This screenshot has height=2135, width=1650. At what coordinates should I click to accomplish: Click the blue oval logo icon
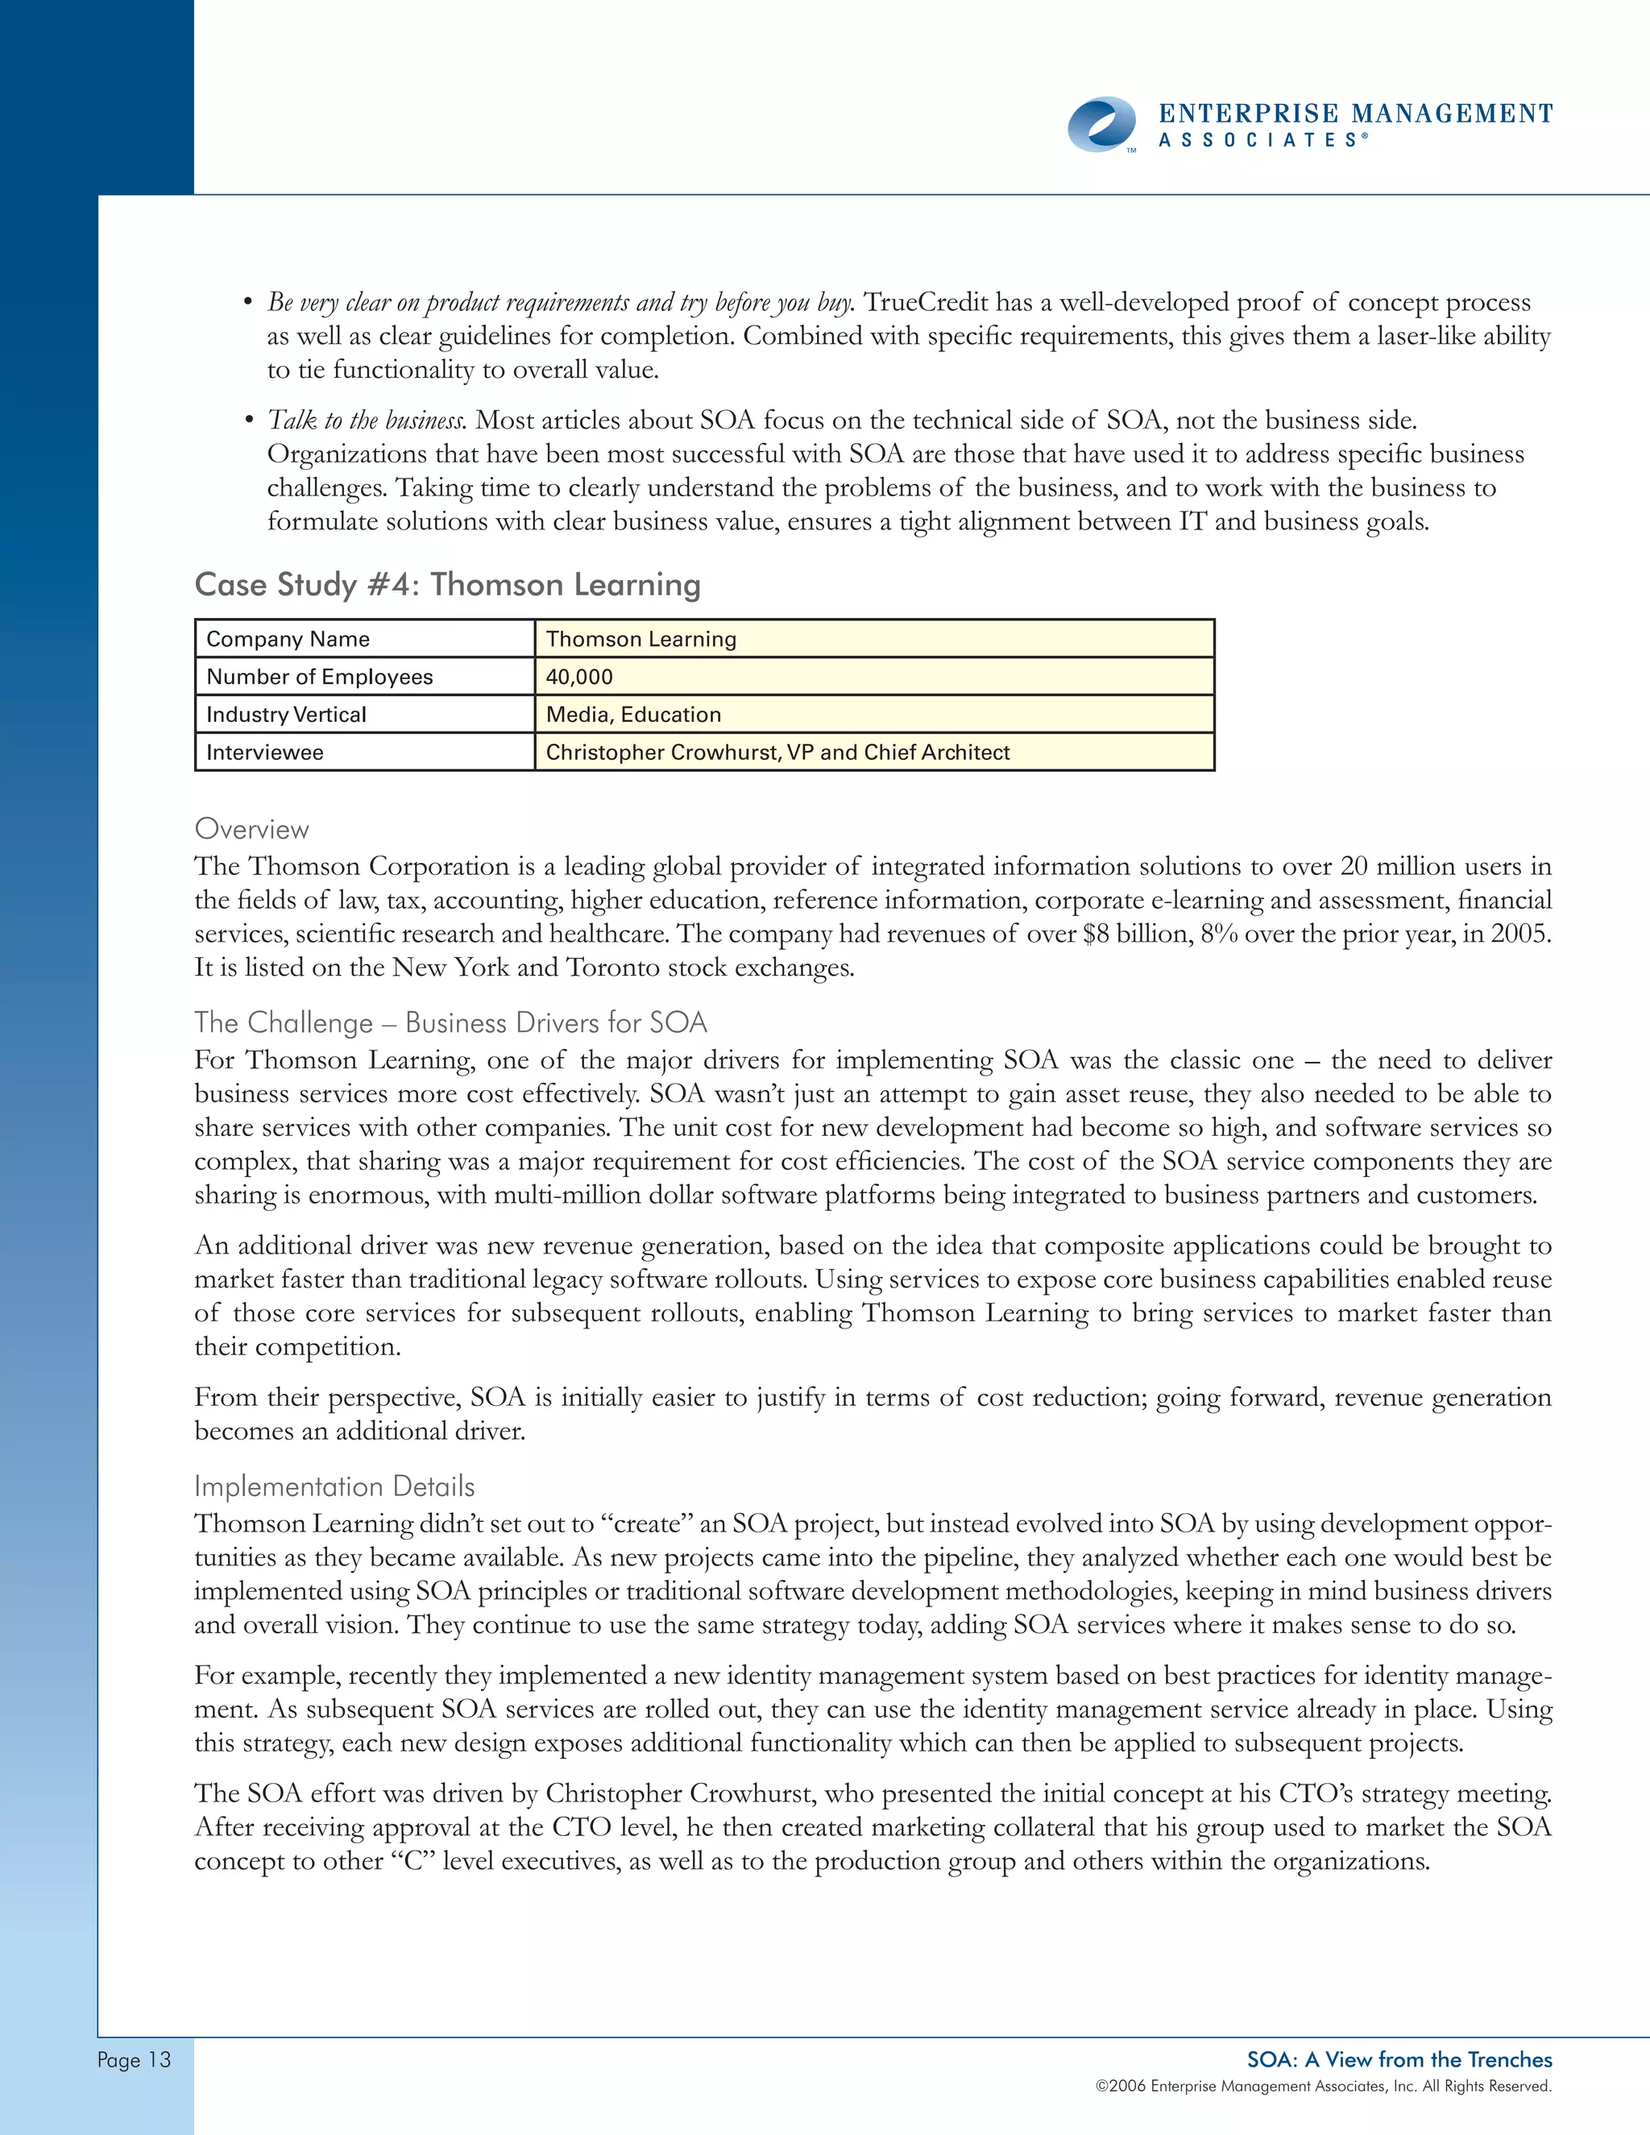coord(1101,124)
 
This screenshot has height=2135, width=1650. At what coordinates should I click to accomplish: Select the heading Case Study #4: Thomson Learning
coord(448,585)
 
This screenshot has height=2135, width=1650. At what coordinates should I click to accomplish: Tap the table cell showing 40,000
coord(579,677)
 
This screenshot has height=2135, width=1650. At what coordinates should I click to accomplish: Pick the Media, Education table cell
coord(633,715)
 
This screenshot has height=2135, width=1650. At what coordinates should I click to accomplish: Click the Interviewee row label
coord(265,752)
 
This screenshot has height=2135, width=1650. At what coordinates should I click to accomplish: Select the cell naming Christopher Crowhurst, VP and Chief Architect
coord(777,752)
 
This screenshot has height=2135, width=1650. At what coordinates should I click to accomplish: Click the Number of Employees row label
coord(320,677)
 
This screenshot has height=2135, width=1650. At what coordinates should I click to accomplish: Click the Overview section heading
coord(251,829)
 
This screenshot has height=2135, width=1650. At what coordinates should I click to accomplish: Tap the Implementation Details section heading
coord(334,1486)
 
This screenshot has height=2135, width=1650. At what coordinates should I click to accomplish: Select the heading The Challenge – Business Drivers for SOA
coord(450,1022)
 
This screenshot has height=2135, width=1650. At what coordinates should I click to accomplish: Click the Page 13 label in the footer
coord(134,2060)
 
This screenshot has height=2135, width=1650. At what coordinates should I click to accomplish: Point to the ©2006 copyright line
coord(1323,2086)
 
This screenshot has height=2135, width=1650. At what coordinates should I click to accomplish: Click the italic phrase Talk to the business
coord(367,421)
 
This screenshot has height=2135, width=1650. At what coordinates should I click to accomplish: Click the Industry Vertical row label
coord(286,715)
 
